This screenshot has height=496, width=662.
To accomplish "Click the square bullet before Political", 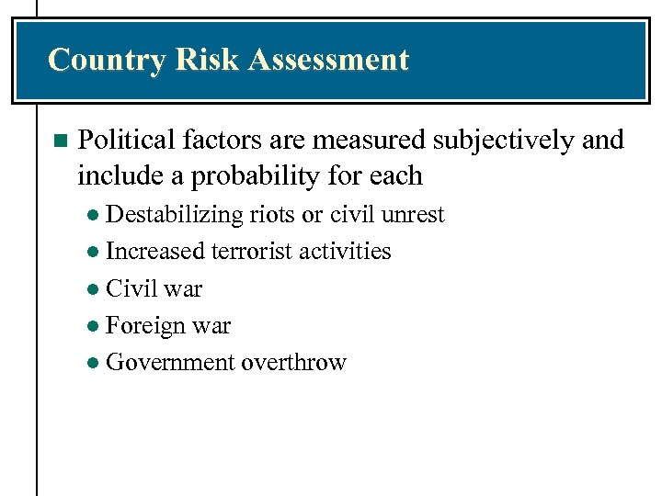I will [60, 141].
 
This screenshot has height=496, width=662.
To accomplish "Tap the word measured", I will [368, 141].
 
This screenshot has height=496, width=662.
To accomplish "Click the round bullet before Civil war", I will [96, 290].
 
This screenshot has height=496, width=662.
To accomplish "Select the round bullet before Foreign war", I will [96, 327].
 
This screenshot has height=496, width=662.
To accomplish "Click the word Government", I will [170, 362].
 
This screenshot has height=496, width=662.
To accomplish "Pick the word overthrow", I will [293, 362].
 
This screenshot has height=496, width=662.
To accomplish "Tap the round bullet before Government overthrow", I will [96, 364].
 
